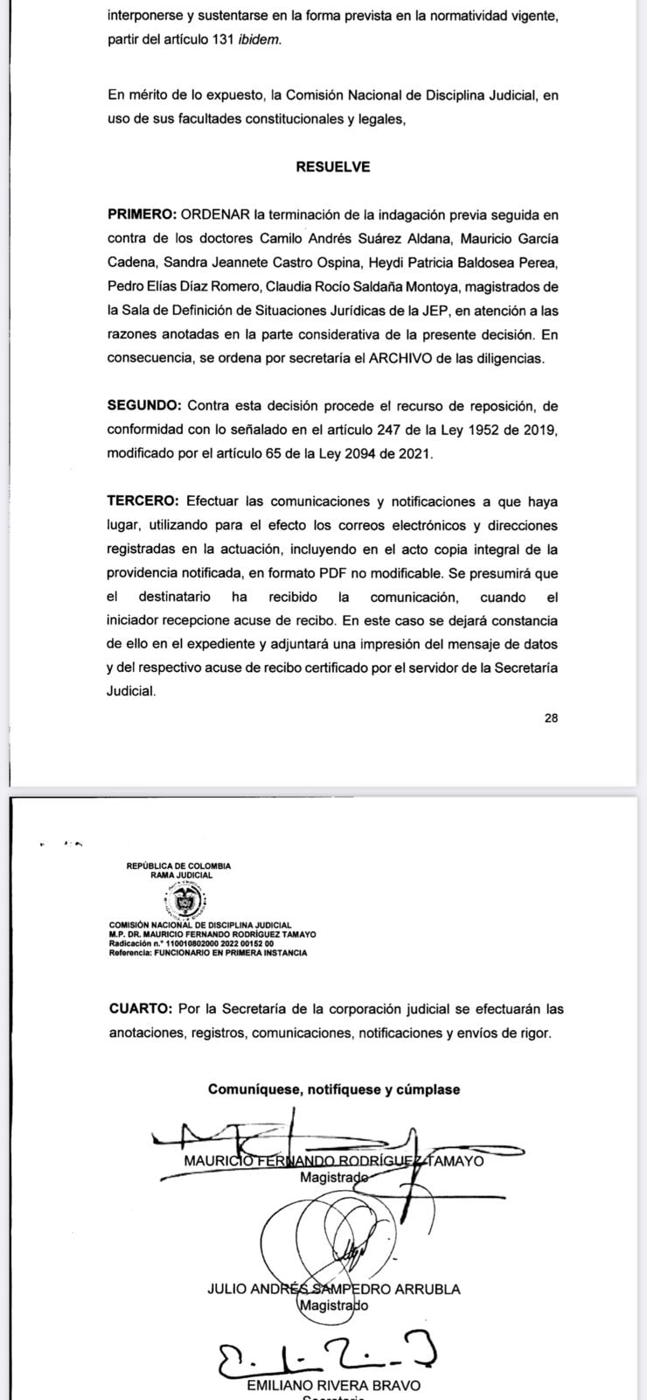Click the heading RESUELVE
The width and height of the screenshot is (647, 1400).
click(x=332, y=167)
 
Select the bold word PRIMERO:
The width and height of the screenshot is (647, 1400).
click(x=143, y=215)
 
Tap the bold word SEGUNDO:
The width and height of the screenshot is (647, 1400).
click(x=145, y=406)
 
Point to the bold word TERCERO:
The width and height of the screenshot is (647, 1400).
click(x=143, y=502)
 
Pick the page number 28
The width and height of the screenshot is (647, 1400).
click(x=551, y=718)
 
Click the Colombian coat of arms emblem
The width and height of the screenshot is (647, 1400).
click(x=184, y=901)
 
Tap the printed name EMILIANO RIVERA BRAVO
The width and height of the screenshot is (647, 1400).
click(x=333, y=1385)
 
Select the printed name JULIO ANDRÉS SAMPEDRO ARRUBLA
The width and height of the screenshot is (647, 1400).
click(x=333, y=1289)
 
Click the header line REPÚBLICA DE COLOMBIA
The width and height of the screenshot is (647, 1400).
click(x=178, y=866)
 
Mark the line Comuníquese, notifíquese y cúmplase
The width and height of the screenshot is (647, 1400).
click(x=333, y=1089)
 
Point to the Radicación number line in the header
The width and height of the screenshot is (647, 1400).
click(x=191, y=945)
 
